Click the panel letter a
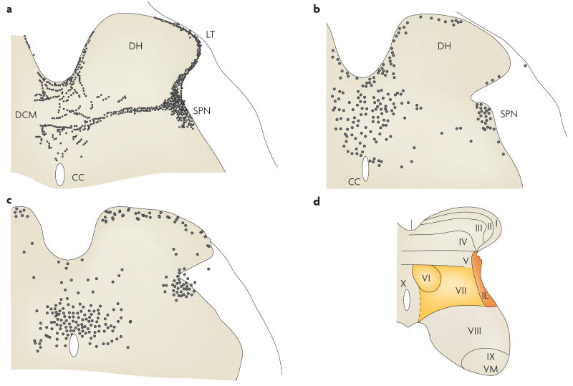[9, 9]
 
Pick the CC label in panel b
[353, 182]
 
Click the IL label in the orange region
[486, 294]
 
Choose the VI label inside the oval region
[427, 278]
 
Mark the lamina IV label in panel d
[463, 241]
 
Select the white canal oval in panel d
[406, 300]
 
